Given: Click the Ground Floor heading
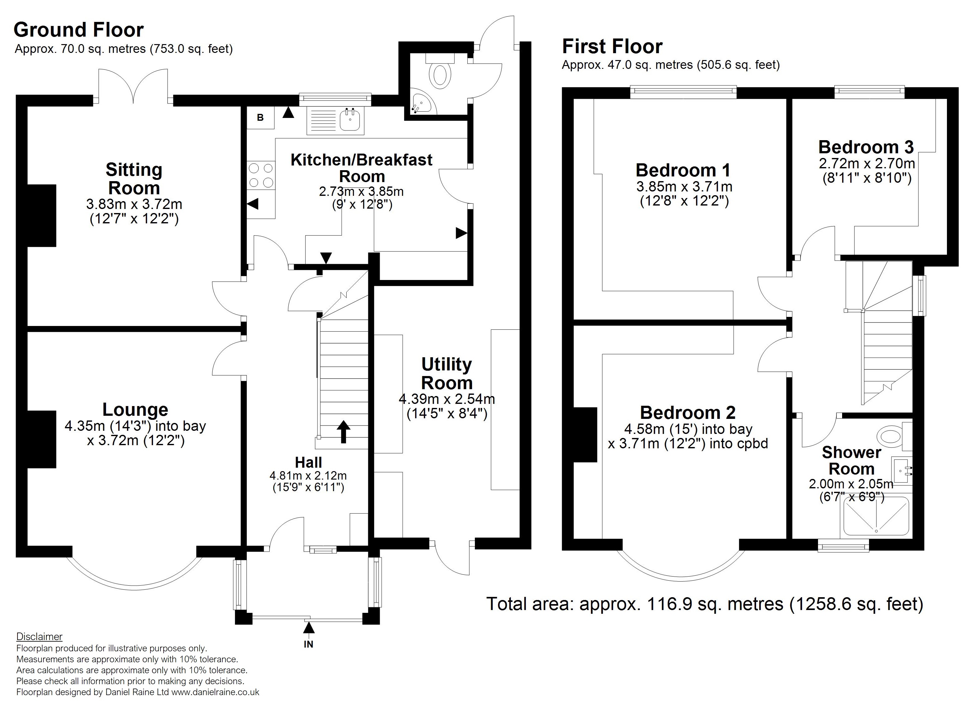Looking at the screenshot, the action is click(x=79, y=30).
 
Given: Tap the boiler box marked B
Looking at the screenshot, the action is click(x=260, y=118).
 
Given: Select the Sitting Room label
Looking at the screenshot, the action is click(x=134, y=179).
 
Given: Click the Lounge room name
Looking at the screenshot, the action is click(x=135, y=409).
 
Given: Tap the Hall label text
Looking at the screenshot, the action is click(x=308, y=462).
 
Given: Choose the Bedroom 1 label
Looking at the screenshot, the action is click(x=683, y=170).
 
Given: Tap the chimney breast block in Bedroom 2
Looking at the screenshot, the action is click(x=585, y=435).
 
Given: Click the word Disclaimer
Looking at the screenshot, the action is click(x=39, y=637).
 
